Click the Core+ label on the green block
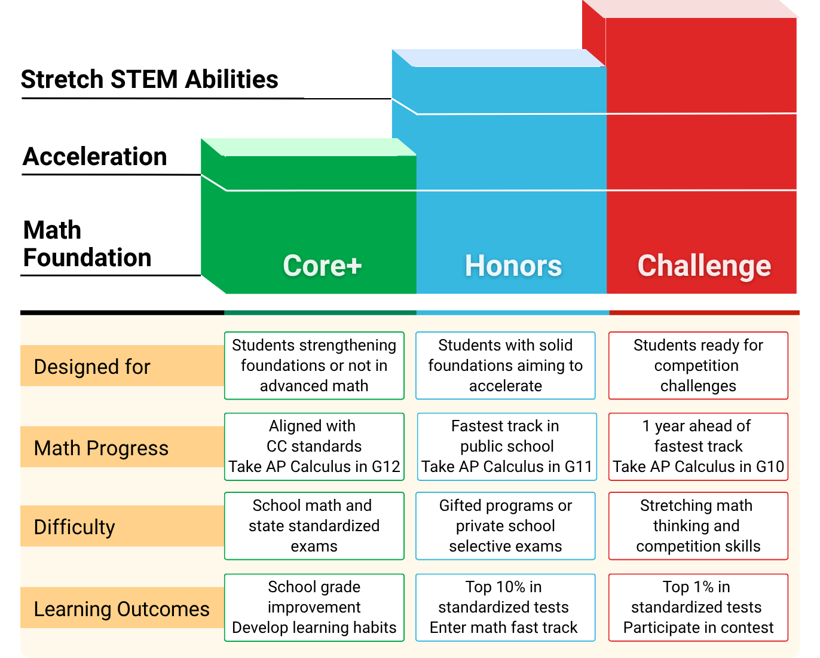coord(322,266)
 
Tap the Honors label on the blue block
coord(513,266)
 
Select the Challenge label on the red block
coord(704,266)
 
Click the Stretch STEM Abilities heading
coord(149,80)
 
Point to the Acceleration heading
coord(95,156)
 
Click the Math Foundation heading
coord(87,243)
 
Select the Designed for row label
coord(92,367)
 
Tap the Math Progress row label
coord(101,448)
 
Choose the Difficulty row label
coord(74,527)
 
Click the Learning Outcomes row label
coord(121,609)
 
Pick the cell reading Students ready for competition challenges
coord(698,365)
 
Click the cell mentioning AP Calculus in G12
coord(314,446)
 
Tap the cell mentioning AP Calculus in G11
coord(507,446)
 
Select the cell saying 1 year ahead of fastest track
coord(698,446)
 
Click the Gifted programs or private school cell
coord(505,526)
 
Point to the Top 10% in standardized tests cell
coord(505,607)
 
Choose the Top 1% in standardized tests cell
coord(698,607)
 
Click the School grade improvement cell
coord(314,607)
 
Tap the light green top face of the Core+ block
coord(308,147)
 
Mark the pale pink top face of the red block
coord(690,9)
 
